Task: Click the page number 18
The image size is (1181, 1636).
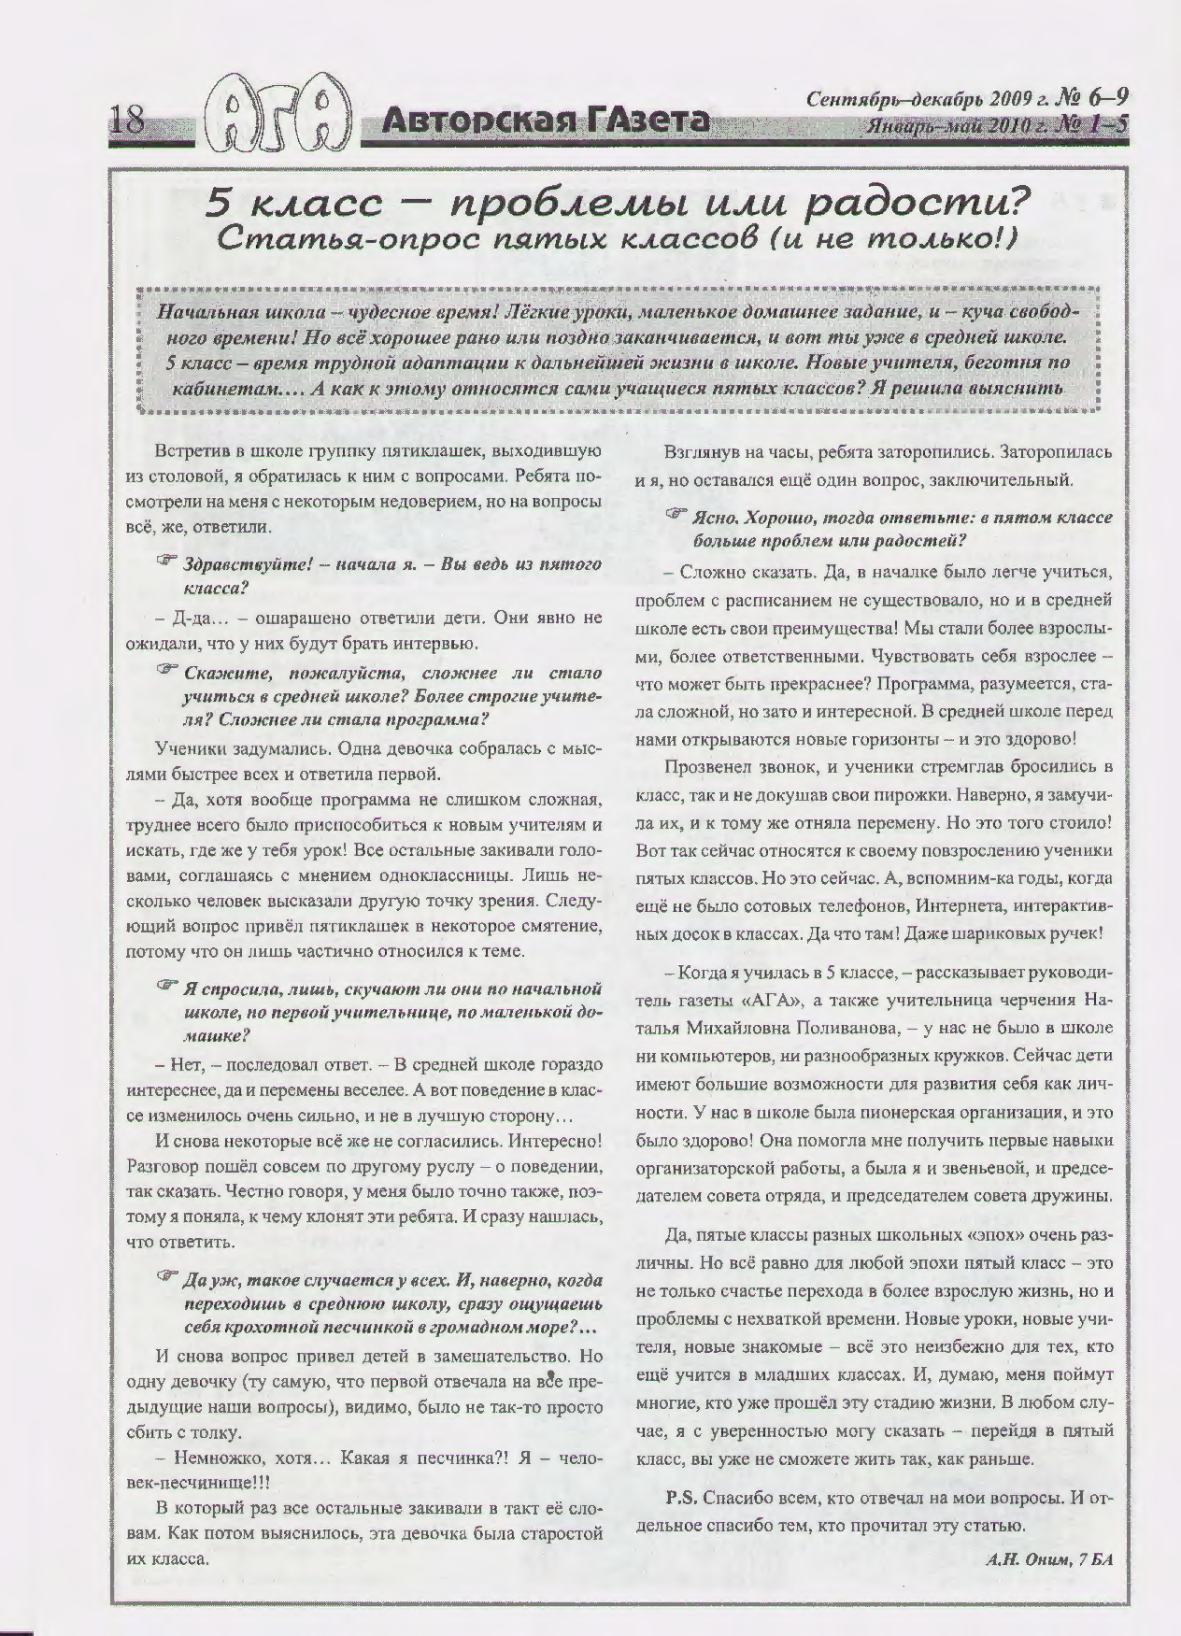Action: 127,121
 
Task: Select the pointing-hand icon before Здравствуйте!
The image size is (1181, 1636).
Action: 166,561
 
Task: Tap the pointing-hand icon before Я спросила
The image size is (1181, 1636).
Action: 166,985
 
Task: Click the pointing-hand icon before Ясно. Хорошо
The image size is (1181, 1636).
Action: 676,513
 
